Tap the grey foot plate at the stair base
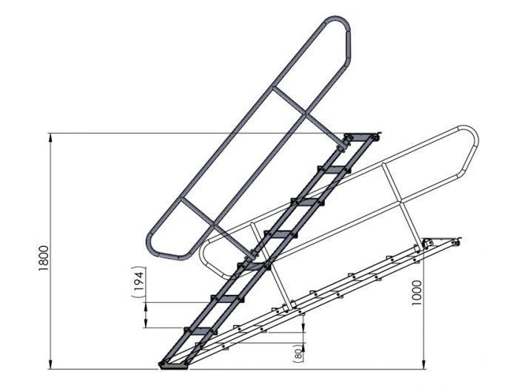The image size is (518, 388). (175, 364)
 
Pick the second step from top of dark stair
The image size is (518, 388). (333, 170)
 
